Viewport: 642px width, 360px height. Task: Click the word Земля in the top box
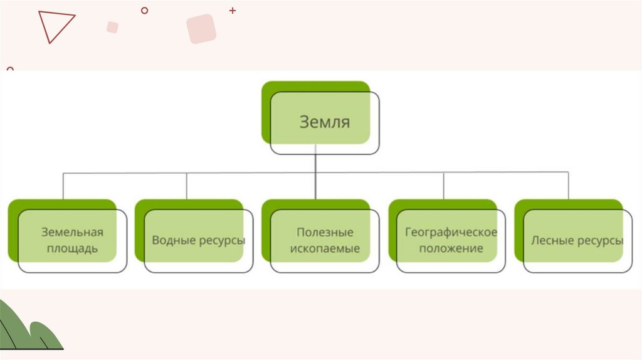click(324, 121)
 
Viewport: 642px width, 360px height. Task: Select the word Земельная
click(72, 232)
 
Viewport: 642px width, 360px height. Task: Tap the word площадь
click(72, 248)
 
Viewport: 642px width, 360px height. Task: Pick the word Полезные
click(325, 232)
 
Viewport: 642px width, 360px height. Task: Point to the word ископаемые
click(325, 248)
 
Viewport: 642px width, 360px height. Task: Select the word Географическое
click(451, 232)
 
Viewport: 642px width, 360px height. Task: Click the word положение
click(451, 248)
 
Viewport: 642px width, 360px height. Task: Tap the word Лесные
click(549, 240)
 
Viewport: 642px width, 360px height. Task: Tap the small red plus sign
click(233, 11)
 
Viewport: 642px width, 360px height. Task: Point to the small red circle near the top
click(145, 10)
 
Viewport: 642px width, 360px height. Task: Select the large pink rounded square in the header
click(201, 29)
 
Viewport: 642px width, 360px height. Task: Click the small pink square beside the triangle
click(112, 27)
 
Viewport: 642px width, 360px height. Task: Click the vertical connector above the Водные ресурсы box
click(187, 186)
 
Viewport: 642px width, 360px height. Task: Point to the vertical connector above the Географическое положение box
click(444, 186)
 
